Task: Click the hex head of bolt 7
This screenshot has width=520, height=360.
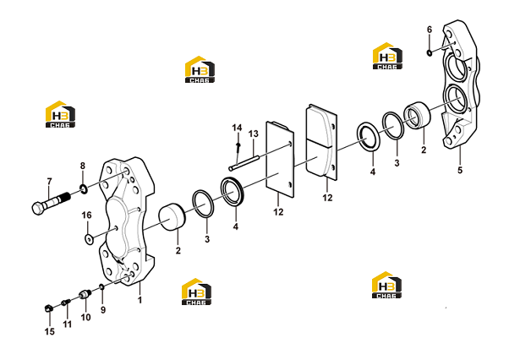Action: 39,208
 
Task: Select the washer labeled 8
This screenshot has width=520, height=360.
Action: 84,189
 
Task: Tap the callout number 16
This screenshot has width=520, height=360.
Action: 86,215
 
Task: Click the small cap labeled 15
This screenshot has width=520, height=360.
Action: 49,308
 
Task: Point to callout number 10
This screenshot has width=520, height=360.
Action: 85,318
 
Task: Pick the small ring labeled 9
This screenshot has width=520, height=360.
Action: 102,286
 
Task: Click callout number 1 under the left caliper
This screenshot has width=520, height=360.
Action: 140,300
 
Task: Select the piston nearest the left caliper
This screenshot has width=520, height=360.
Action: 172,217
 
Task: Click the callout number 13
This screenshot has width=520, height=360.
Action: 254,134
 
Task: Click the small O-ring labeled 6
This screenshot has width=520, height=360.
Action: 430,52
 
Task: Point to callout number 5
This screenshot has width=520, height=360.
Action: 460,171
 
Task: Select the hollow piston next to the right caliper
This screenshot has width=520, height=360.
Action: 417,116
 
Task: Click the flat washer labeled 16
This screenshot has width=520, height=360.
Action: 89,239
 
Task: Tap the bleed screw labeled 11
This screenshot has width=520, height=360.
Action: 66,303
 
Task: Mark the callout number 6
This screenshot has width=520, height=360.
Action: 430,30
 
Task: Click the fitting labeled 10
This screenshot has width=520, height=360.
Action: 85,294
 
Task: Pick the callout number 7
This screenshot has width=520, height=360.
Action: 49,182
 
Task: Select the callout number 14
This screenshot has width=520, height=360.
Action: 237,128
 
